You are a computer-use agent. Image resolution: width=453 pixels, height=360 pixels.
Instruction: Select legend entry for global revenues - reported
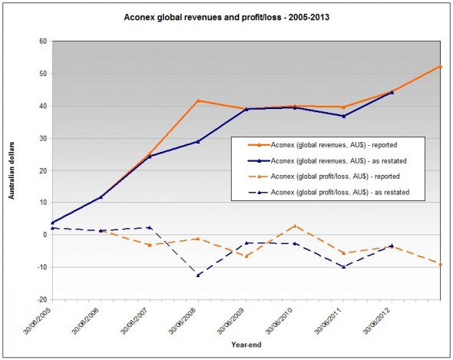pyautogui.click(x=330, y=144)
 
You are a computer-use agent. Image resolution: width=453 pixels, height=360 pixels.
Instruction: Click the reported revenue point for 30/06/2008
pyautogui.click(x=197, y=101)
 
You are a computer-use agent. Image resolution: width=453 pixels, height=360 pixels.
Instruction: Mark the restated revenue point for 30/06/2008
pyautogui.click(x=197, y=141)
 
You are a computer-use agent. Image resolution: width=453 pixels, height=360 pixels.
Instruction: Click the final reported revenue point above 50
pyautogui.click(x=440, y=67)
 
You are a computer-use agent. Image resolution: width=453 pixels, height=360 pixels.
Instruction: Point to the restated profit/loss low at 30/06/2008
pyautogui.click(x=197, y=275)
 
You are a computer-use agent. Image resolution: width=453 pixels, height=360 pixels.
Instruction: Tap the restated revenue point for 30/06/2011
pyautogui.click(x=343, y=116)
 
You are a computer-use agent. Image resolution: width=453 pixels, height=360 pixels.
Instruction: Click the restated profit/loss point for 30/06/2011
pyautogui.click(x=343, y=267)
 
